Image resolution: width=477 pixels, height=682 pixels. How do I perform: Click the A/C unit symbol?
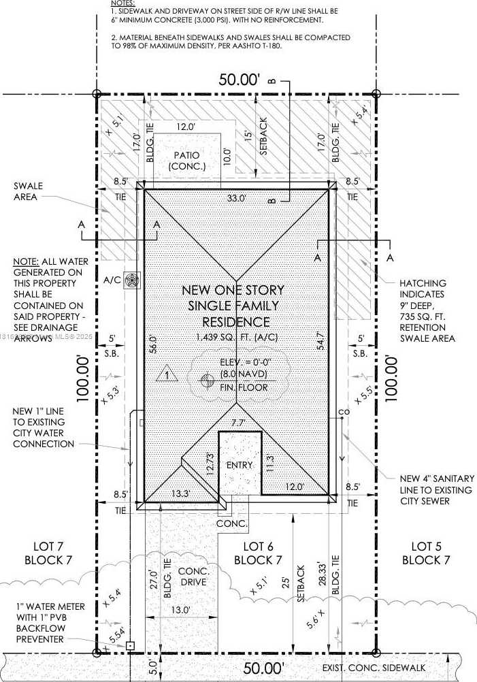tap(132, 280)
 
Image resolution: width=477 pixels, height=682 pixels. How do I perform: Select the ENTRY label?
tap(239, 466)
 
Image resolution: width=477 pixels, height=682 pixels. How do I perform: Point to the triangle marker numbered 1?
tap(166, 374)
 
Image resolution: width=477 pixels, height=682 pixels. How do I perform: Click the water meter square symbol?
tap(130, 645)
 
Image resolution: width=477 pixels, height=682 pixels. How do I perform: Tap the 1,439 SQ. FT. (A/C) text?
tap(236, 337)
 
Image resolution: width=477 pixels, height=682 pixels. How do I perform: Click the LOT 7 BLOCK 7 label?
tap(48, 553)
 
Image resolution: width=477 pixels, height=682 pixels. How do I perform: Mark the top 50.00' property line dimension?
tap(239, 80)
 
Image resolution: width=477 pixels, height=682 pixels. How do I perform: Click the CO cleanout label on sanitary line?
tap(343, 413)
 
